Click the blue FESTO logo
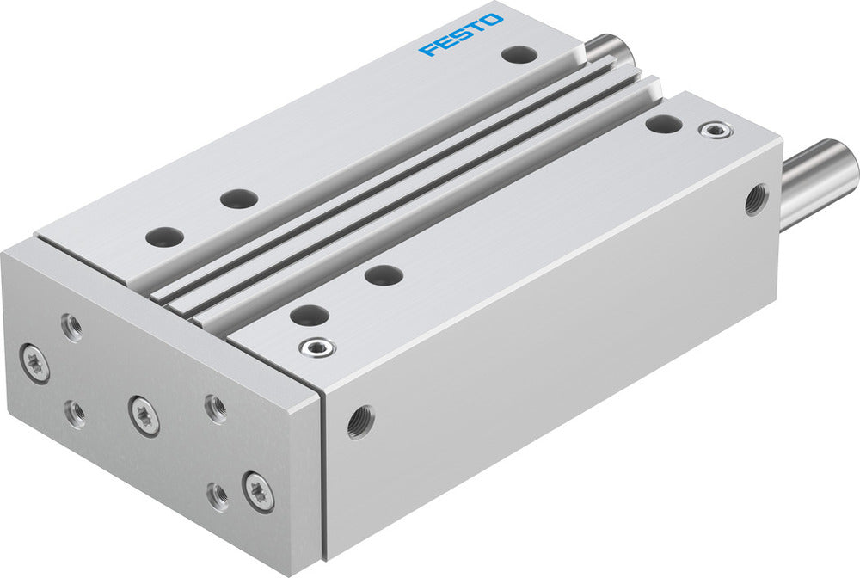tap(461, 34)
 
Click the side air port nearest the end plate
tap(360, 421)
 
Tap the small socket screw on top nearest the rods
tap(712, 131)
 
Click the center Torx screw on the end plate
tap(144, 415)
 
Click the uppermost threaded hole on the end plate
tap(72, 327)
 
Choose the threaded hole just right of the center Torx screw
tap(215, 408)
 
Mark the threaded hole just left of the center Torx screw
tap(77, 414)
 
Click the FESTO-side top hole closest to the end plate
tap(164, 236)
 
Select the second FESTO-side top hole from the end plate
tap(238, 199)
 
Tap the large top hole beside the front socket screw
tap(308, 315)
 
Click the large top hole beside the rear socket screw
tap(663, 124)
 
